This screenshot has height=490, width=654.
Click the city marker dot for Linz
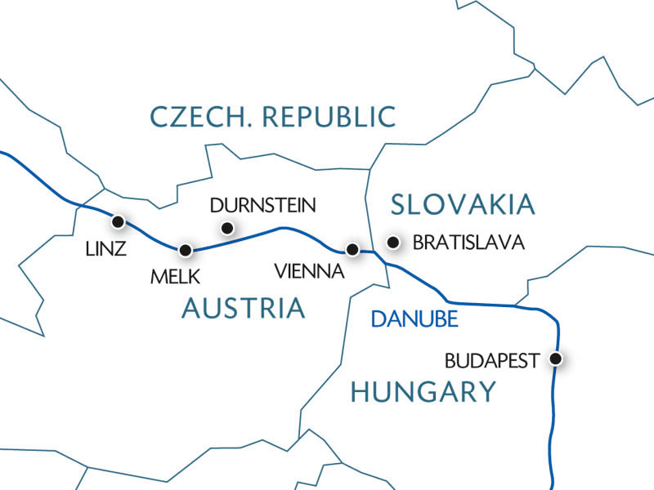coord(119,221)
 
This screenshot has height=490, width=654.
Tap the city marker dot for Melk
coord(186,250)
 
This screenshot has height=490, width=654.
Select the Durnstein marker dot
coord(227,228)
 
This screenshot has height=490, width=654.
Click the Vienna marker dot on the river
coord(352,249)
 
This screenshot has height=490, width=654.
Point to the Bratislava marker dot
coord(394,242)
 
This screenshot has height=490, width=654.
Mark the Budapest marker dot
coord(557,359)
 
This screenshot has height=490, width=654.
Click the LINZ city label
coord(106,249)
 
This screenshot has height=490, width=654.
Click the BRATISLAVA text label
coord(467,243)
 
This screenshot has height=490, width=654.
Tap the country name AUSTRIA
coord(243,308)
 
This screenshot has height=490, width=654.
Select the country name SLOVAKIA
coord(462,203)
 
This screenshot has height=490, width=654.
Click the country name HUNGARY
coord(423,392)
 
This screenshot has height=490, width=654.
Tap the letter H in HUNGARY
coord(361,392)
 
